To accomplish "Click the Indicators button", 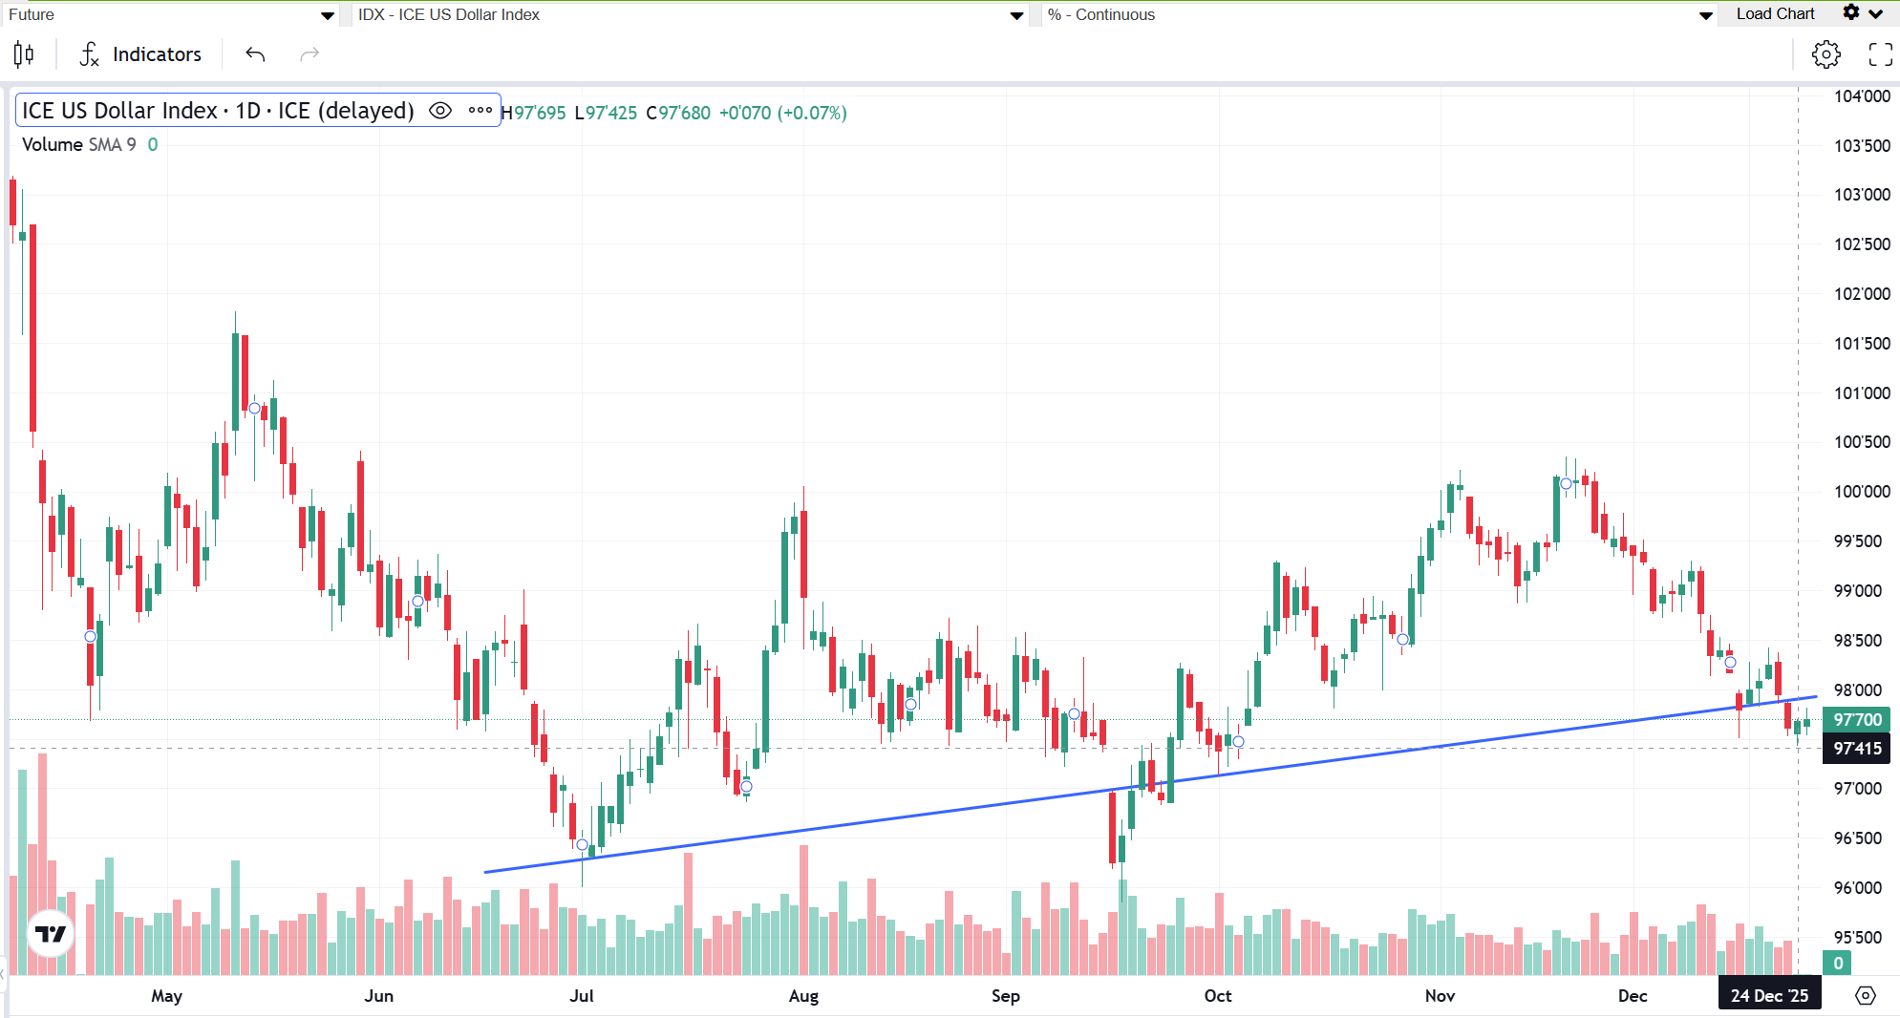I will click(x=141, y=54).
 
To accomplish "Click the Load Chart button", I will click(x=1775, y=14).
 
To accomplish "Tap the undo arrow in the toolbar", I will click(x=255, y=54).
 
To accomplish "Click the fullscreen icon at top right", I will click(x=1880, y=54).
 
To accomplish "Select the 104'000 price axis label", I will click(x=1861, y=96).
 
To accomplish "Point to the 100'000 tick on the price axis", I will click(x=1861, y=492).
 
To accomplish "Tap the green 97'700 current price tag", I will click(x=1857, y=720).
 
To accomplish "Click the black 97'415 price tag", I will click(x=1857, y=749).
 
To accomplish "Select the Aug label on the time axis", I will click(x=803, y=996).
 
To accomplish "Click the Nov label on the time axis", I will click(x=1440, y=996).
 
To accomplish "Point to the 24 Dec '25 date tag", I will click(x=1769, y=996).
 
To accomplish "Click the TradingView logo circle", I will click(x=51, y=934).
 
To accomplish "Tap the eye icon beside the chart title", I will click(x=439, y=111).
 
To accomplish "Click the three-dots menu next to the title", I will click(x=480, y=111).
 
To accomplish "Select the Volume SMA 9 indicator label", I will click(x=79, y=144).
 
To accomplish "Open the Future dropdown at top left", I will click(x=172, y=14).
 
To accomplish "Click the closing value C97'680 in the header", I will click(x=678, y=113).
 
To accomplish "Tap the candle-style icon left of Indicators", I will click(x=25, y=54).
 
